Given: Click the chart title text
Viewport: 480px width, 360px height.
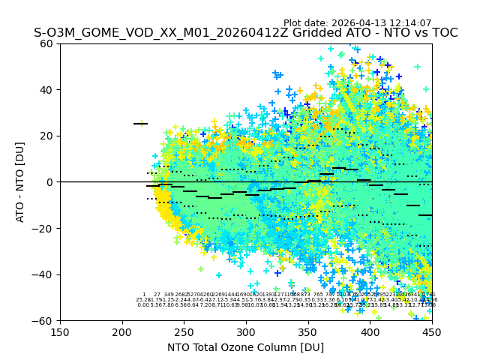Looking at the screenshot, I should click(245, 33).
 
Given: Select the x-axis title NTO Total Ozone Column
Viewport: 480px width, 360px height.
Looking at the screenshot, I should click(245, 347).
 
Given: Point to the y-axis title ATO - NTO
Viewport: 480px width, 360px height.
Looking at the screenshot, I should click(20, 182).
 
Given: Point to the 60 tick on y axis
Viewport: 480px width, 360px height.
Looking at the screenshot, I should click(46, 43).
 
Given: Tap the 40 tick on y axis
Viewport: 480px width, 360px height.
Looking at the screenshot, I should click(46, 90).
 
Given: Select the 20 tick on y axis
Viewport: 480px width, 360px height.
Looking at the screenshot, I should click(46, 136).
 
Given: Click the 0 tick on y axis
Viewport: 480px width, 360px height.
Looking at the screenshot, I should click(49, 182).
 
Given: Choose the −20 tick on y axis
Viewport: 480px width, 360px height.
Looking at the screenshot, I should click(43, 228).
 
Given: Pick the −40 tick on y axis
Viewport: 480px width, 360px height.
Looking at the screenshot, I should click(43, 274).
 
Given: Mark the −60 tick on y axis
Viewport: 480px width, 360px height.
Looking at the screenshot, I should click(43, 320).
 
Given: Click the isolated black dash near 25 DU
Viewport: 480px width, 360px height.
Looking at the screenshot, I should click(140, 124).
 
